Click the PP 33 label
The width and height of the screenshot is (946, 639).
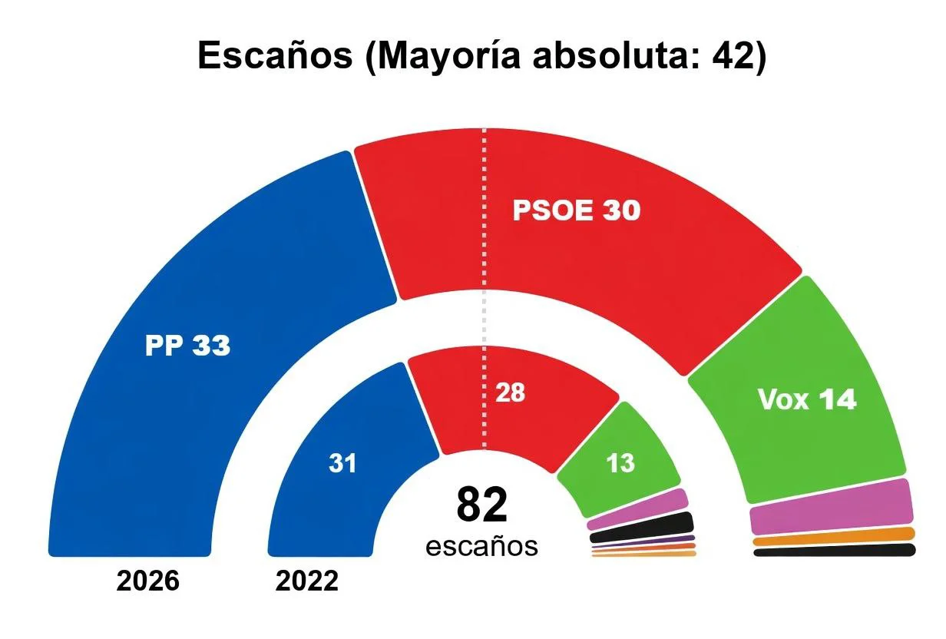tap(187, 346)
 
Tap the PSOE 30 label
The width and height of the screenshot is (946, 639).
tap(576, 211)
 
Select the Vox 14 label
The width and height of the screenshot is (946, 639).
tap(806, 399)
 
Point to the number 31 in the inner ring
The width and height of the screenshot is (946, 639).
tap(342, 464)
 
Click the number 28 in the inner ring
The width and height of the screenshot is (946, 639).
tap(510, 392)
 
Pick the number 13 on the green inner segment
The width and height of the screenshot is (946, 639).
tap(620, 464)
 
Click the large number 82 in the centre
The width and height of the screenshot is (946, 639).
tap(482, 505)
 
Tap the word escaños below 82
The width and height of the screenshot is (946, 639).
tap(481, 546)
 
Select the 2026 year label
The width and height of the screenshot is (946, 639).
tap(147, 581)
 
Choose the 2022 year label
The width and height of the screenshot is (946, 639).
tap(306, 581)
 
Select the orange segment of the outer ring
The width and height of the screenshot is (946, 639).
tap(834, 536)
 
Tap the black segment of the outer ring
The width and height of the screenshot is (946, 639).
tap(834, 550)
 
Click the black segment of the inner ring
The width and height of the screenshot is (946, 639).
tap(642, 527)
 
